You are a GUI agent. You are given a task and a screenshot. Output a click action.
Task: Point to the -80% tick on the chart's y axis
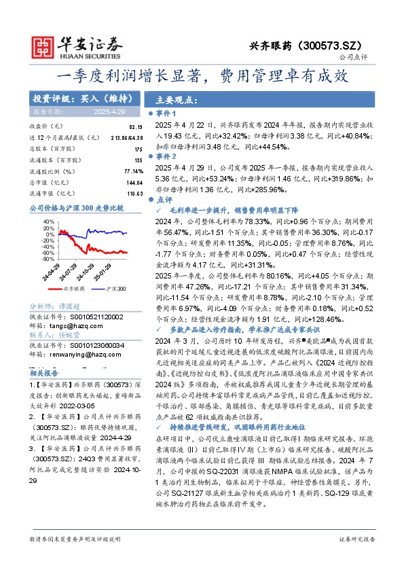[x=48, y=260]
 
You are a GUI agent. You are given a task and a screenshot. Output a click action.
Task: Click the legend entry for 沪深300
[x=116, y=289]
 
